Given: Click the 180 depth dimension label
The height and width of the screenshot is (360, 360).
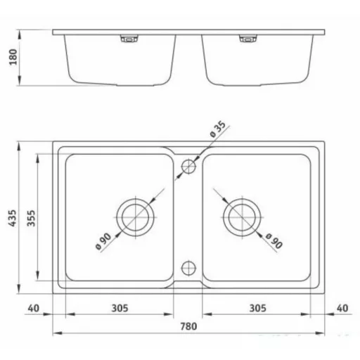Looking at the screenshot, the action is click(x=13, y=57).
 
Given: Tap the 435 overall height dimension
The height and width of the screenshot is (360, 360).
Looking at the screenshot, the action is click(x=12, y=218).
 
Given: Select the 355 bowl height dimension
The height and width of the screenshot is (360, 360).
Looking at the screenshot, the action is click(x=31, y=218).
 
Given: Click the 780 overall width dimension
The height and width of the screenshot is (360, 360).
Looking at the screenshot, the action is click(x=188, y=326).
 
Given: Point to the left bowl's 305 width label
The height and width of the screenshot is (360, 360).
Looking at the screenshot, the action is click(x=120, y=308).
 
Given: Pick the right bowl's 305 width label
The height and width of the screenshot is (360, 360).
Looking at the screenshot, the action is click(x=257, y=308).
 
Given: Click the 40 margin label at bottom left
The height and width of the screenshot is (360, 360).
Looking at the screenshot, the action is click(x=34, y=308).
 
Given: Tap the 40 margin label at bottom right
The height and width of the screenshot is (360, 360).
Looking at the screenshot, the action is click(x=342, y=308).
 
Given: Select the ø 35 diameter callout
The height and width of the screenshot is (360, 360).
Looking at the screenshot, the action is click(x=218, y=129).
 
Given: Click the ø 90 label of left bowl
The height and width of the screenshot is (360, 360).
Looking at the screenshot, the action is click(x=103, y=241).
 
